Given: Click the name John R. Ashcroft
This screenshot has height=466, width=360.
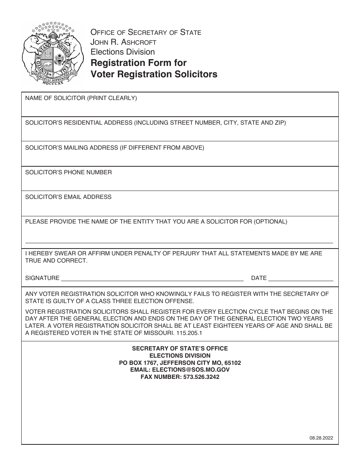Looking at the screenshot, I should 123,42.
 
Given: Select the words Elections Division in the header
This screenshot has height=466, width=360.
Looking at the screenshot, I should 122,52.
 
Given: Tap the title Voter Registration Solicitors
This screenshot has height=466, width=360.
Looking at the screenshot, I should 154,74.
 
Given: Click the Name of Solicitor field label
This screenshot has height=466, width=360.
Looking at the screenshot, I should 81,99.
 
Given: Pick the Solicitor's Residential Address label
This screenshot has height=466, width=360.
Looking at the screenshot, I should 155,123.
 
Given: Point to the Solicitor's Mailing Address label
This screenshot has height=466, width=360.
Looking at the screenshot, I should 114,148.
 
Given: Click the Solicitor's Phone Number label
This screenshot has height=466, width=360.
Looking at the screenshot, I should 69,172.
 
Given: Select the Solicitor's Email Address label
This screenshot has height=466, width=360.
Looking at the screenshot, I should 68,197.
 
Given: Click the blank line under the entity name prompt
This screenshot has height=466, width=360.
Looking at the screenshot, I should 179,242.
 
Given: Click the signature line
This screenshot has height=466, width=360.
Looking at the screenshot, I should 152,280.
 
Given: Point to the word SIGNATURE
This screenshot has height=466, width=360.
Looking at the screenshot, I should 42,278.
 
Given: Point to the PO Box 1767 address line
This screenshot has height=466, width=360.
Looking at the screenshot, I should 180,363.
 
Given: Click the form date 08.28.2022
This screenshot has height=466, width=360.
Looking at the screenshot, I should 321,438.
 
